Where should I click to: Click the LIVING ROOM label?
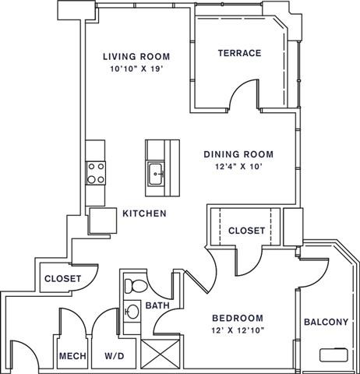[x=137, y=57]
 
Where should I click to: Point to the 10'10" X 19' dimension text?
[x=137, y=69]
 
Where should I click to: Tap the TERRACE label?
[x=239, y=53]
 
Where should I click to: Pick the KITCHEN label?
[x=143, y=213]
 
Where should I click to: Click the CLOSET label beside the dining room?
[x=245, y=230]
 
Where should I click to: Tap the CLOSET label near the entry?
[x=63, y=278]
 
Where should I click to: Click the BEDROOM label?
[x=237, y=318]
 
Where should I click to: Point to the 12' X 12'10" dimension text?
[x=237, y=330]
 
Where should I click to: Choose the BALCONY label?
[x=326, y=323]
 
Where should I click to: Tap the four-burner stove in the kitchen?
[x=95, y=172]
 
